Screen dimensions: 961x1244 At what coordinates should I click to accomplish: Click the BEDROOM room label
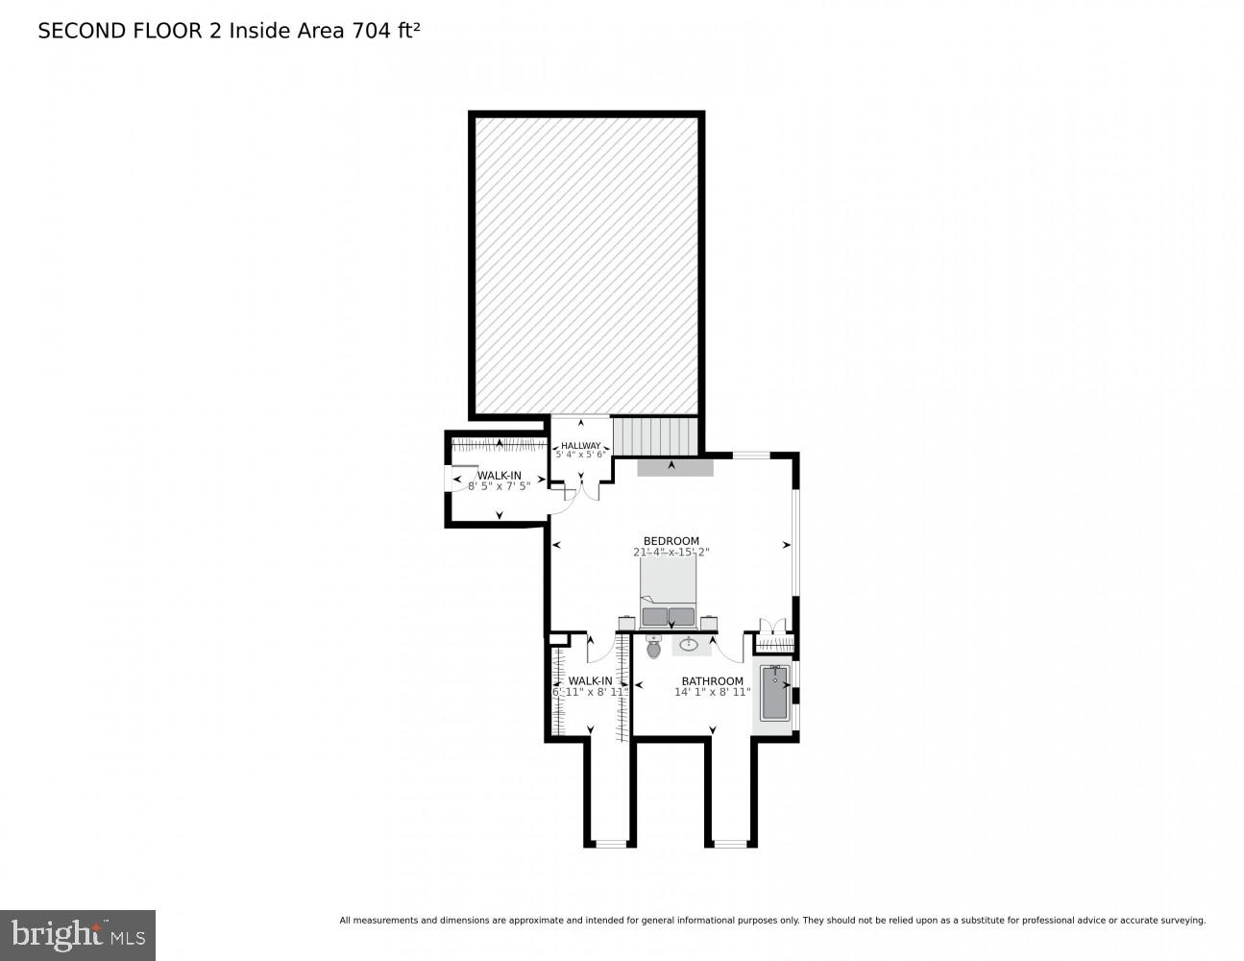click(x=671, y=541)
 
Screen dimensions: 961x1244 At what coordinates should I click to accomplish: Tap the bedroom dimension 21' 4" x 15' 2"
click(x=671, y=553)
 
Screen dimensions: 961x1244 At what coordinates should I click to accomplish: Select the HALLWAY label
click(x=580, y=445)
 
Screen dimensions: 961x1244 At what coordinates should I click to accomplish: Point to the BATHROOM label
click(x=712, y=681)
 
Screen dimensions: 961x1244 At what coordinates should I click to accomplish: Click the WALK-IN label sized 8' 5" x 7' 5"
click(x=499, y=475)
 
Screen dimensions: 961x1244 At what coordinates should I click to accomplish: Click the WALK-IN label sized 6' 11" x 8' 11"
click(x=589, y=680)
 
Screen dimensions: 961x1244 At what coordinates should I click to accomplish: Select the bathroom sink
click(x=689, y=645)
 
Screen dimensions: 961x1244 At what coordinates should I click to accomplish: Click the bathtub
click(x=774, y=693)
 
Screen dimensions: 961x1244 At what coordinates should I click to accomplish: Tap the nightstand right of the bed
click(x=710, y=623)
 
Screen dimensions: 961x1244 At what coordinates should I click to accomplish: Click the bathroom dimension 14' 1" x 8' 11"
click(x=712, y=692)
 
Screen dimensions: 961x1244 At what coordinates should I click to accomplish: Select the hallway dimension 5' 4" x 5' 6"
click(x=580, y=455)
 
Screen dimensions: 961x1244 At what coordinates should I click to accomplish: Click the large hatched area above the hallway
click(x=586, y=264)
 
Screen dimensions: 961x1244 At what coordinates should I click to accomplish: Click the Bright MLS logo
click(x=78, y=934)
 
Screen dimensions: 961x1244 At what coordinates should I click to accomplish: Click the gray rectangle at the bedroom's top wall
click(x=674, y=466)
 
